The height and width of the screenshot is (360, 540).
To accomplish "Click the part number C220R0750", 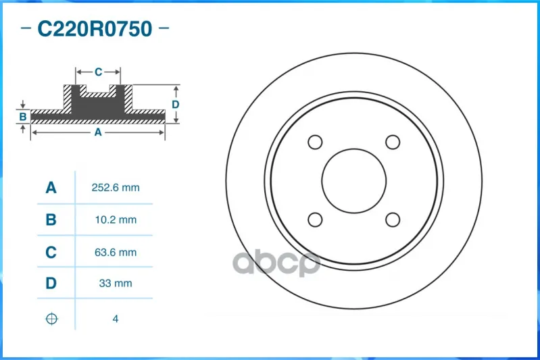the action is tap(95, 28).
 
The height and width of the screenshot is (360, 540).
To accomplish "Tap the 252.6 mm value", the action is tap(116, 188).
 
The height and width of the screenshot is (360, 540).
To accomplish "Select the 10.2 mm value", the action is tap(116, 220).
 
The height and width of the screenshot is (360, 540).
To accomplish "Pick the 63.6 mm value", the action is tap(116, 253).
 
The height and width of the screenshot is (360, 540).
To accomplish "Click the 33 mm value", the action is tap(116, 283).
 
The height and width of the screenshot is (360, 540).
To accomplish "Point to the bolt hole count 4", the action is tap(116, 319).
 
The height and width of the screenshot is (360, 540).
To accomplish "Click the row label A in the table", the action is tap(51, 188).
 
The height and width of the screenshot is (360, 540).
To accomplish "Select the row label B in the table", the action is tap(51, 220).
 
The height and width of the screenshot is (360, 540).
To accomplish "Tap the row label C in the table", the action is tap(51, 253).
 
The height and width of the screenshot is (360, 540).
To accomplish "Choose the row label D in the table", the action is tap(51, 283).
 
